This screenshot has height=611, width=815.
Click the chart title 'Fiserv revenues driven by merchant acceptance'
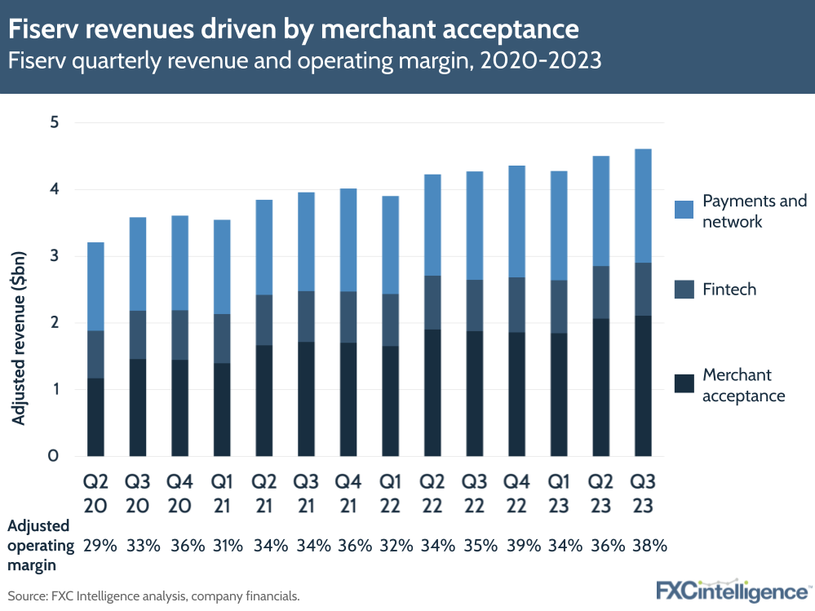295,29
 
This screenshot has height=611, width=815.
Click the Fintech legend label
729,290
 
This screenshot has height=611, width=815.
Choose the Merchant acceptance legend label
743,385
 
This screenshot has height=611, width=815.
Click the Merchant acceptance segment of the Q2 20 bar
95,417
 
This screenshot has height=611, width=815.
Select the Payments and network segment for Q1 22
389,245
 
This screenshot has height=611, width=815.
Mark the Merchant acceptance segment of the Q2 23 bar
600,387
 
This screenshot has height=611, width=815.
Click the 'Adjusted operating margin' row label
39,545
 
